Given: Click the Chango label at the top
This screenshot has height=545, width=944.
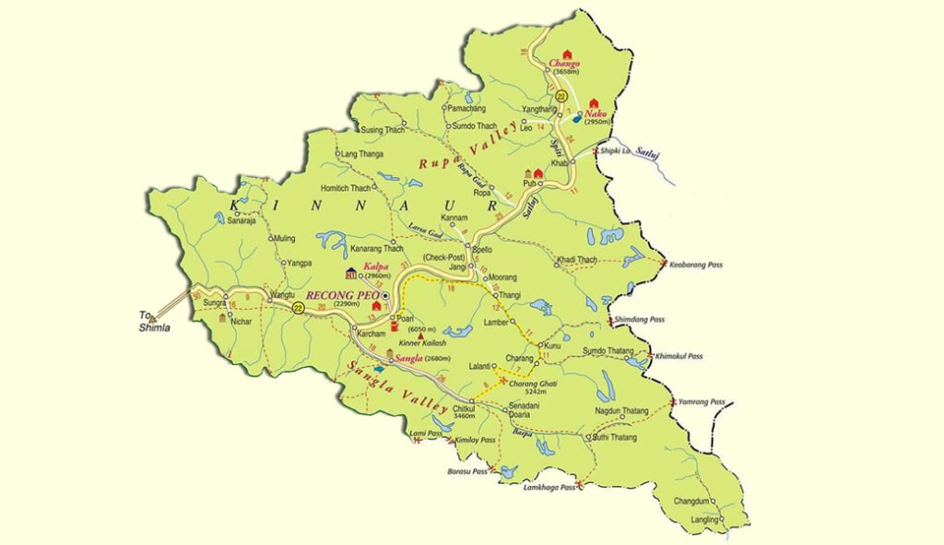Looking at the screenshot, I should click(564, 63).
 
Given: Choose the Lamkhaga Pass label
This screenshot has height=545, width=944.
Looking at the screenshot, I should click(549, 486).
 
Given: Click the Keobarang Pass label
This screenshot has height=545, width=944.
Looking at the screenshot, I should click(696, 265).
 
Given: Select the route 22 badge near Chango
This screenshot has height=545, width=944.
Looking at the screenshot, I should click(561, 96).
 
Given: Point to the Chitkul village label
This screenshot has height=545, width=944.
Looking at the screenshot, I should click(463, 407).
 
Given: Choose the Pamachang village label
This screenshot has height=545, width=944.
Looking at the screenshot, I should click(466, 108).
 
